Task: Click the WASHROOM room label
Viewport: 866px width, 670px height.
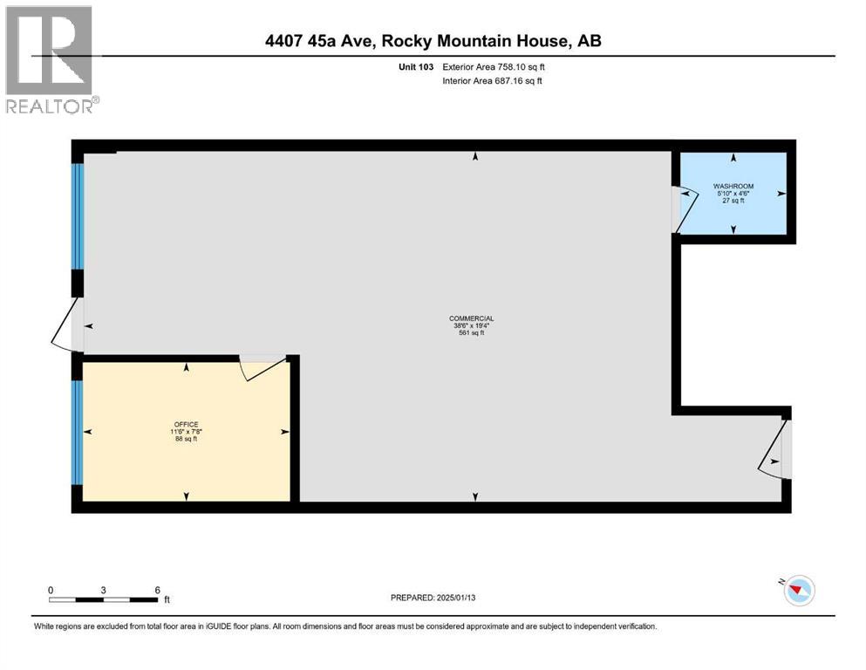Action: (733, 187)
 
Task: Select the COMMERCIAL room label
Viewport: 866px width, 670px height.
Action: (472, 318)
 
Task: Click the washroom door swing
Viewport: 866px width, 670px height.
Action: (684, 210)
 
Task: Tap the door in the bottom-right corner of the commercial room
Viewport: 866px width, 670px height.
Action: (774, 449)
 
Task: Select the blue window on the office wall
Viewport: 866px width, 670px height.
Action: (78, 433)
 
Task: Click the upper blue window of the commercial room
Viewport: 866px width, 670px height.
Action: (77, 216)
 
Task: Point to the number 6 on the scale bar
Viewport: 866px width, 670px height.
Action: (158, 591)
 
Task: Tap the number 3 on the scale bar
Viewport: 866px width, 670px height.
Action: (104, 591)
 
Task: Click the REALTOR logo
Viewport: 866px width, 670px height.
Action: (51, 60)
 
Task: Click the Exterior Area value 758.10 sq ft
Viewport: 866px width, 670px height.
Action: (522, 66)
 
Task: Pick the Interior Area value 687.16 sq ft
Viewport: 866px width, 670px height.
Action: (520, 81)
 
